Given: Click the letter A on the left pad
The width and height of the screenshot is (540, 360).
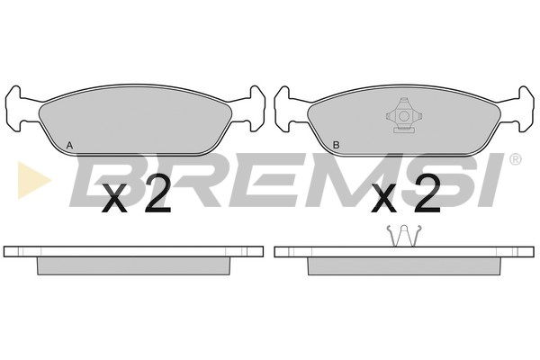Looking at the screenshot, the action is pos(69,146).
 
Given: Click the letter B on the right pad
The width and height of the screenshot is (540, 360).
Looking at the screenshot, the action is pos(336,146).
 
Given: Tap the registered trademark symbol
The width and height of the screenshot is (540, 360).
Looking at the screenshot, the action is pos(515,159).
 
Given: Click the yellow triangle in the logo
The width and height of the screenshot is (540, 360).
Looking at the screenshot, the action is pos(33,180).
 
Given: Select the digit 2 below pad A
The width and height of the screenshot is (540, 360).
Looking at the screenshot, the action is pos(157,193).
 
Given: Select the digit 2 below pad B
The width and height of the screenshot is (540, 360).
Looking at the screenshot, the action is pos(427,193).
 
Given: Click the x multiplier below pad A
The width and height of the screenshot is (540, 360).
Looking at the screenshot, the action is pos(114,199).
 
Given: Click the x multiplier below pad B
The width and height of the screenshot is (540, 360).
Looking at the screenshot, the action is pos(384,199).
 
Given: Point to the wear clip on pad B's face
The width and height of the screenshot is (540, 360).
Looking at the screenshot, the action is pos(403,115).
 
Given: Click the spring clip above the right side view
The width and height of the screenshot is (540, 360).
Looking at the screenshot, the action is pos(404,236).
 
